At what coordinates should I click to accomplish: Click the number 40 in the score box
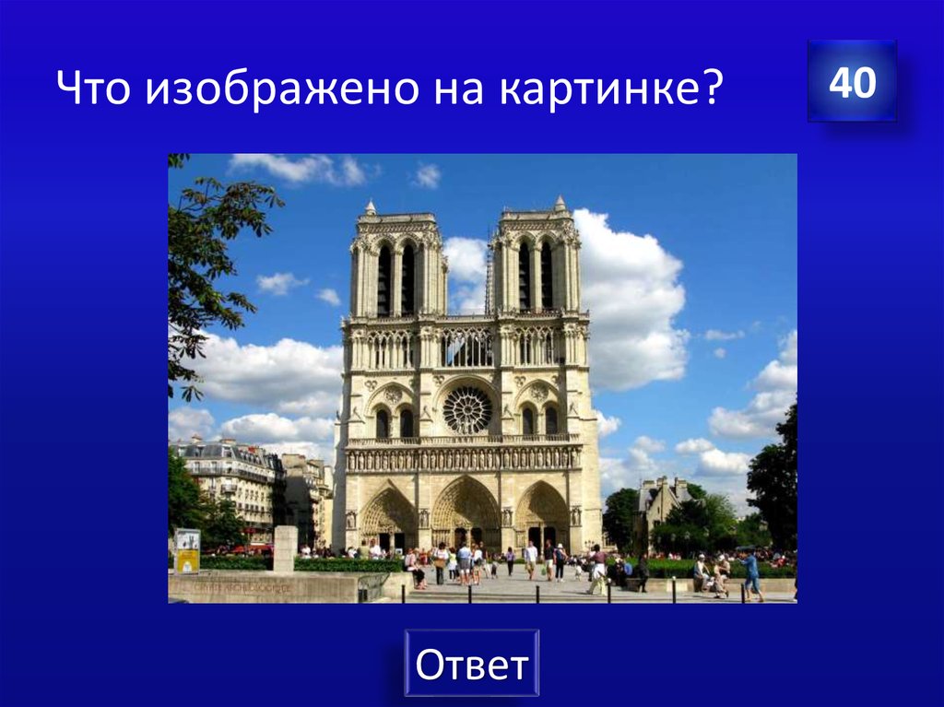(x=852, y=83)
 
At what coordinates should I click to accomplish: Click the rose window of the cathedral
(x=467, y=409)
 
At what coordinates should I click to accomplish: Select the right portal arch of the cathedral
(x=542, y=516)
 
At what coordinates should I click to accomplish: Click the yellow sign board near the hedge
(x=187, y=550)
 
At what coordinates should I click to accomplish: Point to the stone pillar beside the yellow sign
(x=285, y=548)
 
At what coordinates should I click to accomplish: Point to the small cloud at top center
(x=426, y=175)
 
